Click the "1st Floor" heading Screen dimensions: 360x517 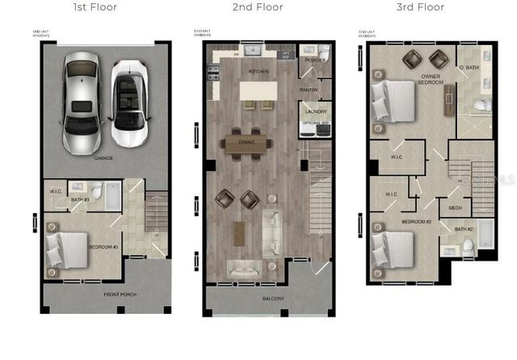click(x=95, y=7)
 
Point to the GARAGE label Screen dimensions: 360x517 click(x=103, y=158)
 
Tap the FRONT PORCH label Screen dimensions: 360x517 click(x=120, y=295)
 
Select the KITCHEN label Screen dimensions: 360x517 click(x=258, y=72)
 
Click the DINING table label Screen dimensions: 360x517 click(x=246, y=142)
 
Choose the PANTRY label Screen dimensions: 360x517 click(x=309, y=90)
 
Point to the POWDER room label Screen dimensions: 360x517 click(x=316, y=59)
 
